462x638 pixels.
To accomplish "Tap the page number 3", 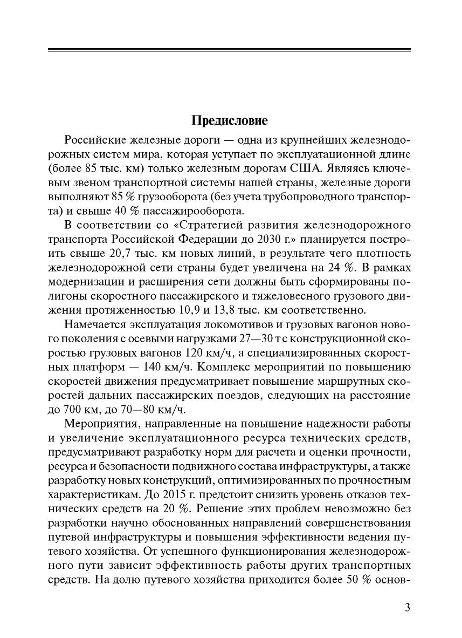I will coord(408,608).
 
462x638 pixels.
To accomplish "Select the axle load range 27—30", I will coord(253,338).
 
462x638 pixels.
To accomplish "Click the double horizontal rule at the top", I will coord(230,51).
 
